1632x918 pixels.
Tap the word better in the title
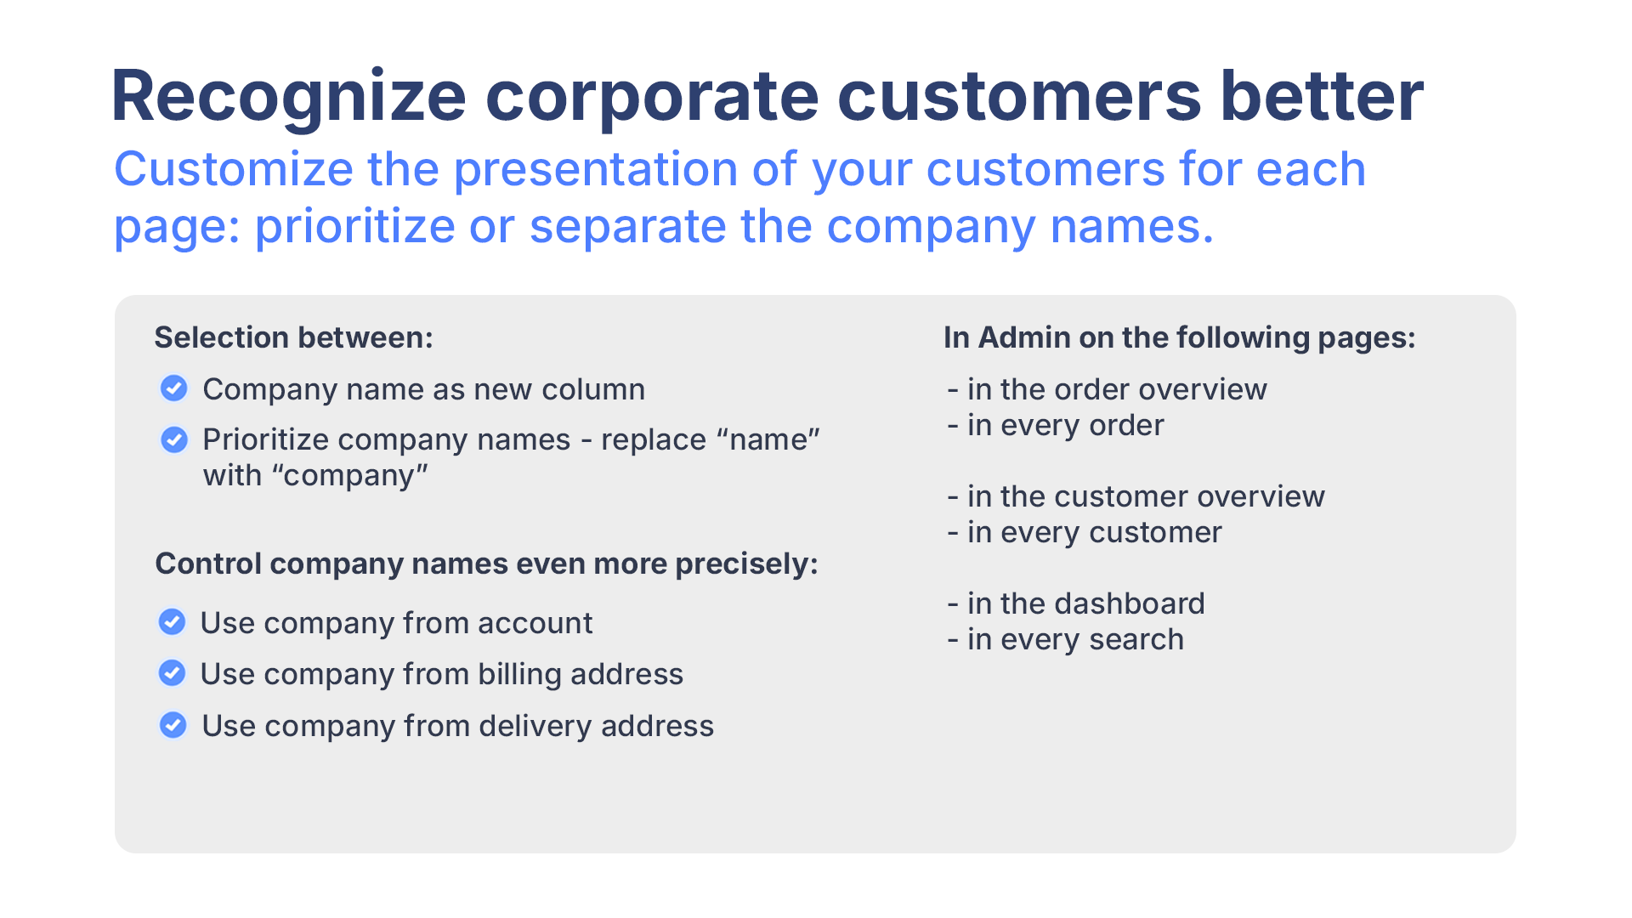[x=1322, y=95]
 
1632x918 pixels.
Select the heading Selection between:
[x=294, y=337]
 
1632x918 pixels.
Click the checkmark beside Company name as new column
[x=174, y=388]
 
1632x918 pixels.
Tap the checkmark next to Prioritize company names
[x=174, y=439]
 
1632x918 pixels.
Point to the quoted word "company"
[x=349, y=475]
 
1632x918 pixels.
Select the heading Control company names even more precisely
[x=486, y=564]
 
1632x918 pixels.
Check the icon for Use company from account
[x=173, y=622]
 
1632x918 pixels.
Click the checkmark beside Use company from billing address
[x=173, y=673]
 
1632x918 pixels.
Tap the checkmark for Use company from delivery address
[x=173, y=725]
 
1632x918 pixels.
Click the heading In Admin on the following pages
[x=1180, y=337]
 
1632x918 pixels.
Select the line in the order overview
[x=1108, y=389]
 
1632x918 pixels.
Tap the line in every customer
[x=1085, y=532]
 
